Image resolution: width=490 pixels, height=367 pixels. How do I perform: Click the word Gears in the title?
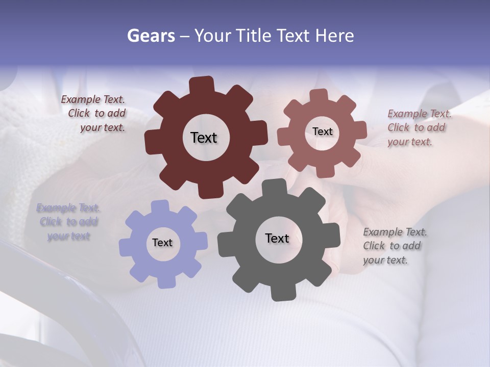(x=151, y=36)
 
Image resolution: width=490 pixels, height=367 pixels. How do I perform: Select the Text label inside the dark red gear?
(x=204, y=138)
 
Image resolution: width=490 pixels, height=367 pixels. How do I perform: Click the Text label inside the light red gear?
(x=322, y=132)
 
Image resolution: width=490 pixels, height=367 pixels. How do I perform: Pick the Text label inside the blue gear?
(x=162, y=243)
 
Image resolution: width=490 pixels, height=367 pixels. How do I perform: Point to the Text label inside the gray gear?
(x=277, y=238)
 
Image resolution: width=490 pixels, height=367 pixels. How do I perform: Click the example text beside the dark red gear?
(x=93, y=114)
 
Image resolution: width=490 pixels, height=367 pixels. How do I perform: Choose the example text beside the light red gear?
(x=419, y=128)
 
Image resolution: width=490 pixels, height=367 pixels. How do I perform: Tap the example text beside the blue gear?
(x=68, y=222)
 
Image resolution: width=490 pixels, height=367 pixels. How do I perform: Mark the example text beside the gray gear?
(x=394, y=246)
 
